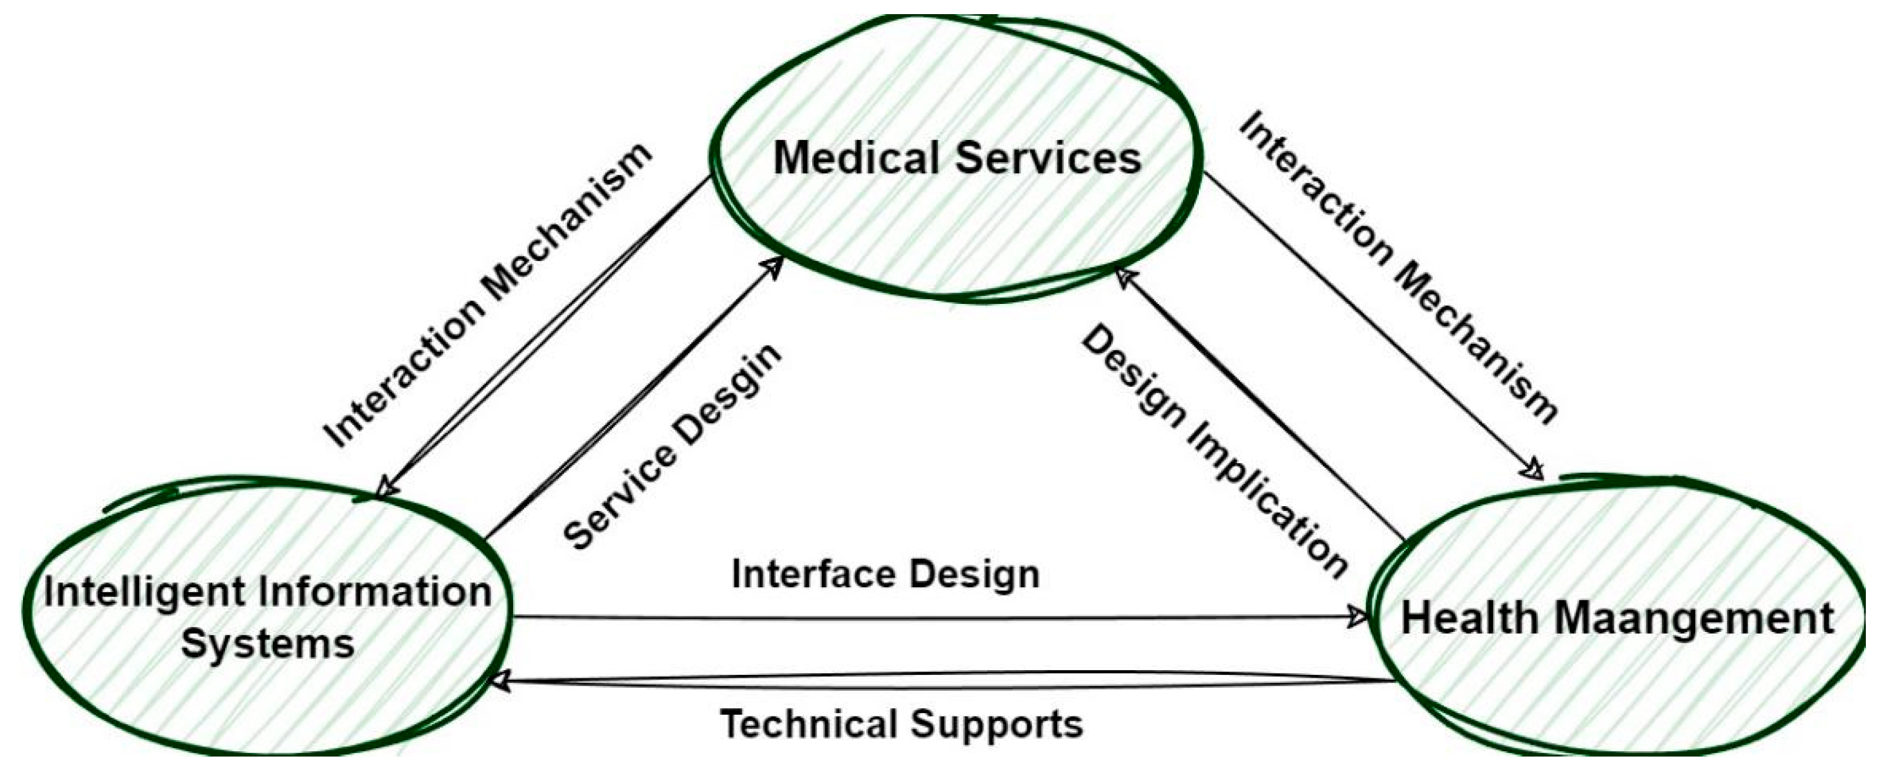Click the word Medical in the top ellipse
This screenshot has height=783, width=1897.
pyautogui.click(x=856, y=158)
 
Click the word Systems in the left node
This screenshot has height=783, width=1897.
pyautogui.click(x=268, y=644)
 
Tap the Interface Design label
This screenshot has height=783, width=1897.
pyautogui.click(x=885, y=574)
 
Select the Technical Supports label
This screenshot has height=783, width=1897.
pyautogui.click(x=901, y=724)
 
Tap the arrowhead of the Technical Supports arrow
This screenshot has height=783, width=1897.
pyautogui.click(x=500, y=681)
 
